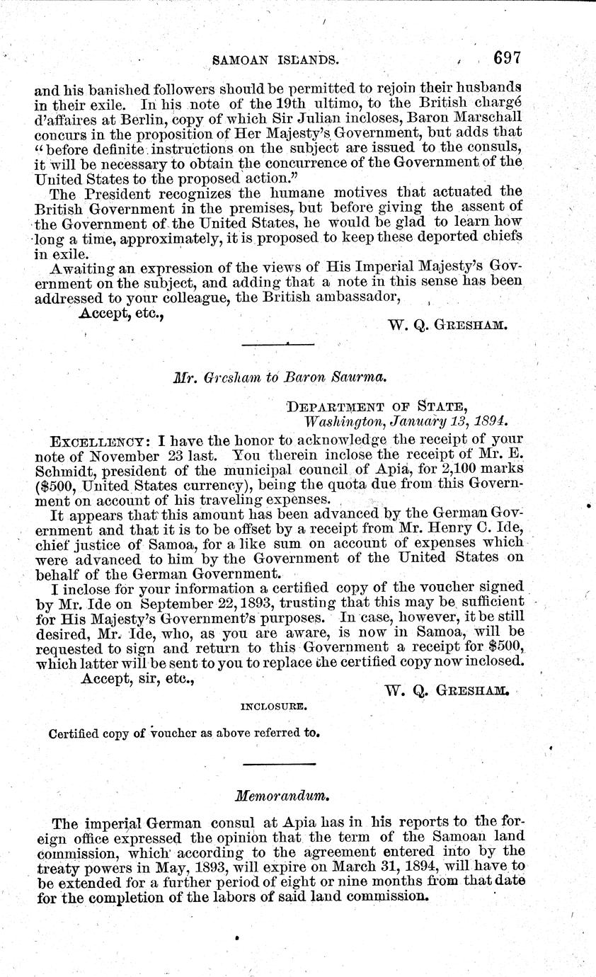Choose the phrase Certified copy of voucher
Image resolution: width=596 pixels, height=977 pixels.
pyautogui.click(x=115, y=733)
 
